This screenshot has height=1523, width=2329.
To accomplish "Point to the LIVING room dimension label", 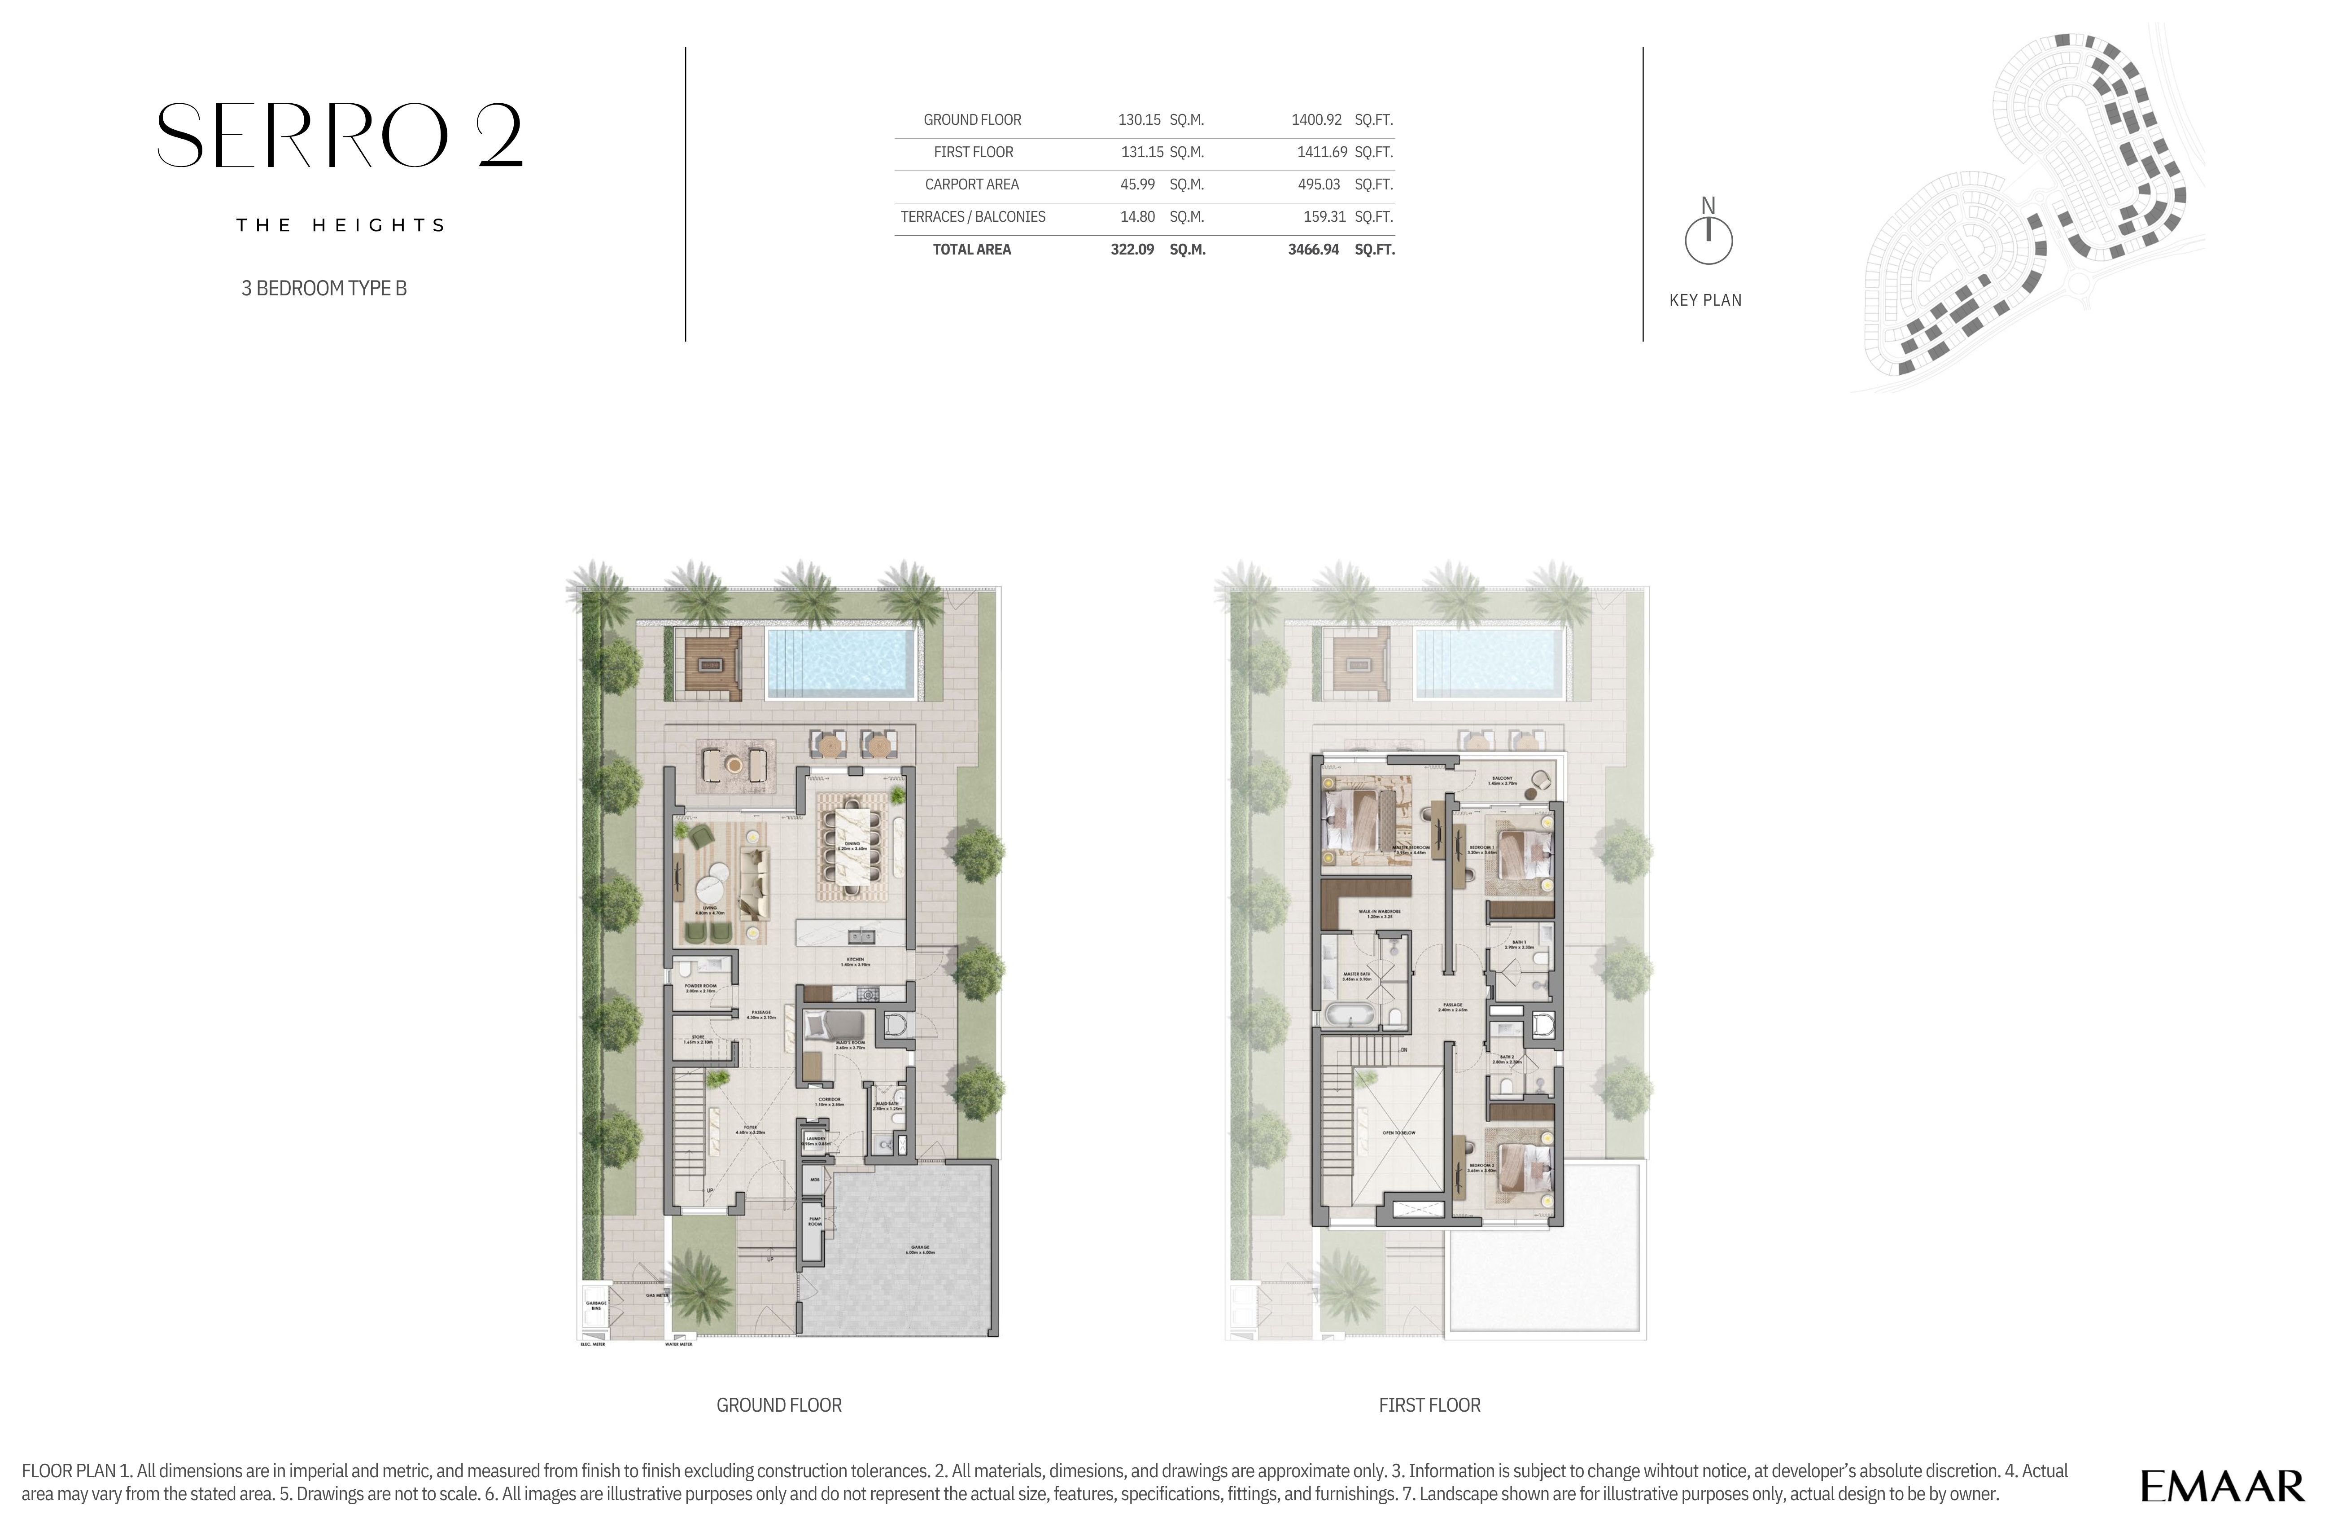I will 709,910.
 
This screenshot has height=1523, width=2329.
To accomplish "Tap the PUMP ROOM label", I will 814,1221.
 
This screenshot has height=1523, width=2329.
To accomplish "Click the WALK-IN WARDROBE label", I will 1380,913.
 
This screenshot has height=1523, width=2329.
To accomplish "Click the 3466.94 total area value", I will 1313,250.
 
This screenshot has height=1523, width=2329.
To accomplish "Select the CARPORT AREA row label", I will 972,184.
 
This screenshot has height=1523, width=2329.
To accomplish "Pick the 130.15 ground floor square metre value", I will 1139,119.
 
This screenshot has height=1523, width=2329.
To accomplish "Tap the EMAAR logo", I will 2221,1486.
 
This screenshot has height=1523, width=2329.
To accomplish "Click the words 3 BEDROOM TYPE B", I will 324,288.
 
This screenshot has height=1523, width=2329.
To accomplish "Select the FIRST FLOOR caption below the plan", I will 1429,1404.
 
